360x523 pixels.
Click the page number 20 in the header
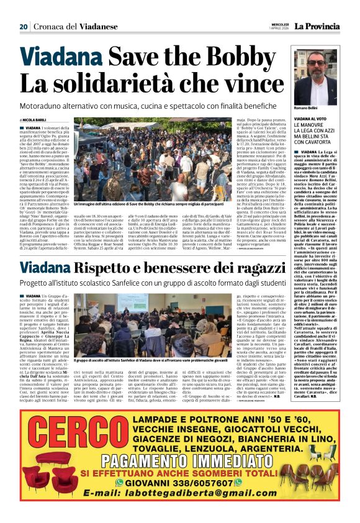tap(24, 26)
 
